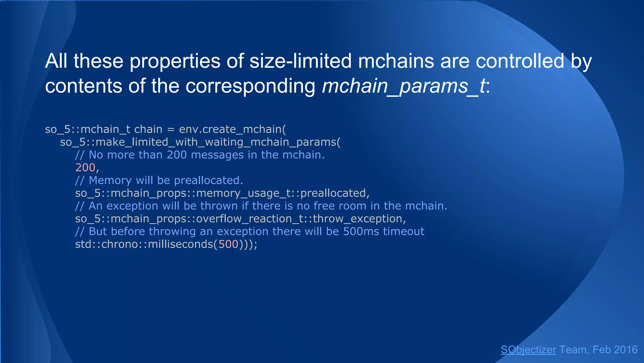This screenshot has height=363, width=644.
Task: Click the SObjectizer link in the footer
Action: coord(528,350)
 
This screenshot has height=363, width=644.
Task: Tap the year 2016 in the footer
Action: coord(626,350)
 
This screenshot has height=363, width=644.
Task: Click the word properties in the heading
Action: coord(175,61)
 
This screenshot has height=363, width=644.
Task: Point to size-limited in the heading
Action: coord(300,61)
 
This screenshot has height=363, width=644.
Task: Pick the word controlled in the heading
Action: coord(520,61)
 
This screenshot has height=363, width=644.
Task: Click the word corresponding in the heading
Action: coord(250,86)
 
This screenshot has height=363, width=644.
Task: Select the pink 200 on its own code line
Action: coord(85,168)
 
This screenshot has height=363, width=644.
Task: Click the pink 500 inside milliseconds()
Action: coord(228,244)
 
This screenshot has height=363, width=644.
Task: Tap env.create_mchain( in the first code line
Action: coord(232,129)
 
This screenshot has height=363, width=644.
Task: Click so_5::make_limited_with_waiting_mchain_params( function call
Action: coord(200,142)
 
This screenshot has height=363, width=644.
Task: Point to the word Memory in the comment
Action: coord(110,180)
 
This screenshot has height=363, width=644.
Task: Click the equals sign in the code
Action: coord(170,130)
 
